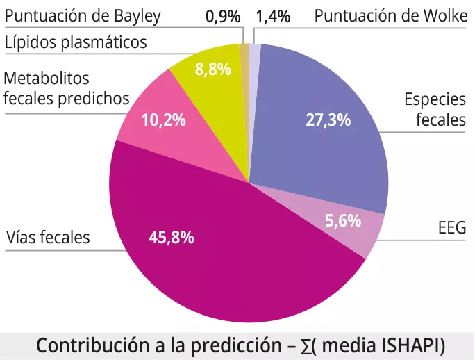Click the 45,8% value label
[x=172, y=237]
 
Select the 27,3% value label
[x=328, y=120]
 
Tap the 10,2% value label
[x=163, y=120]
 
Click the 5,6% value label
[x=343, y=221]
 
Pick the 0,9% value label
[x=223, y=16]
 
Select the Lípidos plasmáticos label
[x=76, y=42]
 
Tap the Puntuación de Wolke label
[x=391, y=16]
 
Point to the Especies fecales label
[x=435, y=110]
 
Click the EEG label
[x=451, y=228]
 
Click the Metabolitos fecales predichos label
[x=67, y=88]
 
